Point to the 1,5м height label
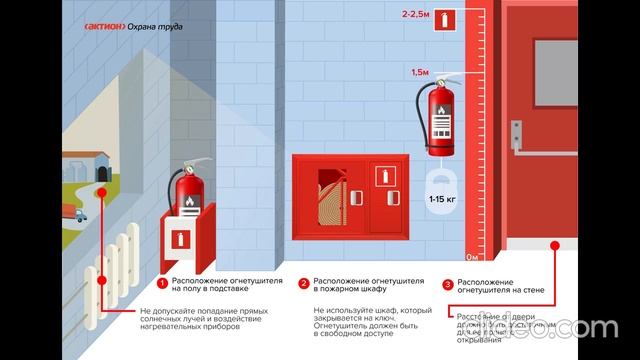pos(421,73)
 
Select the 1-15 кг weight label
pos(443,201)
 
